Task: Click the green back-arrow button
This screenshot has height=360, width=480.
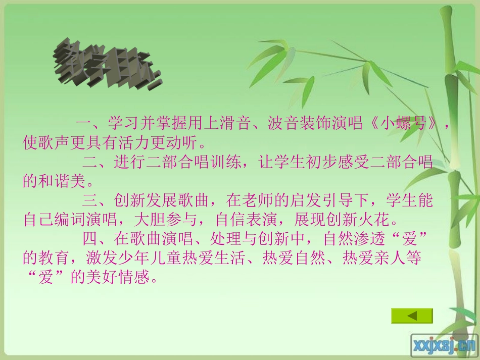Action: coord(412,316)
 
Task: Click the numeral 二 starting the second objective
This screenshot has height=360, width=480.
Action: coord(89,163)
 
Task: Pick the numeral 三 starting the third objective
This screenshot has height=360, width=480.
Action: coord(89,201)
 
